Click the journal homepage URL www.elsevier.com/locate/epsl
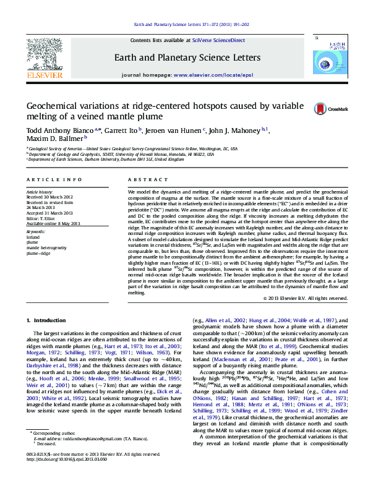point(213,75)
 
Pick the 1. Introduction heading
point(48,320)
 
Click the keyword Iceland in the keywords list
point(33,254)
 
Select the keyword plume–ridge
point(38,271)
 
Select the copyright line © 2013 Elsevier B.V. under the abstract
point(306,298)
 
